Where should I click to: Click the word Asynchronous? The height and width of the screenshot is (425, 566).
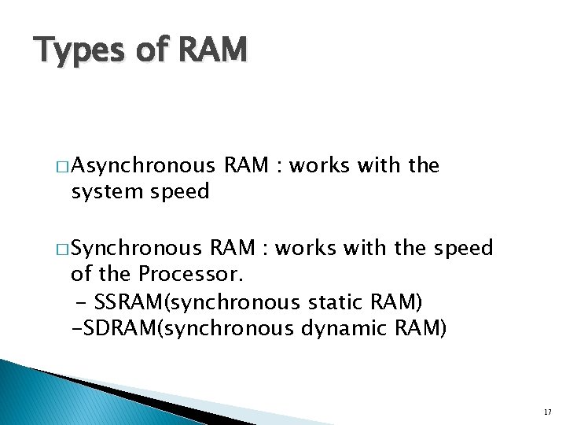point(146,166)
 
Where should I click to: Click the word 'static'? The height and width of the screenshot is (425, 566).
point(336,301)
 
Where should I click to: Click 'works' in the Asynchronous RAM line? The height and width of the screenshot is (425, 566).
point(321,166)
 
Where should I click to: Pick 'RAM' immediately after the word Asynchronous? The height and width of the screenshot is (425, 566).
point(245,166)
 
